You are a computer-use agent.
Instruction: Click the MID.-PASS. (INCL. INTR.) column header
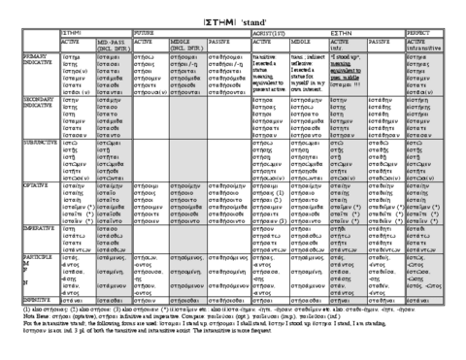click(x=111, y=45)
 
